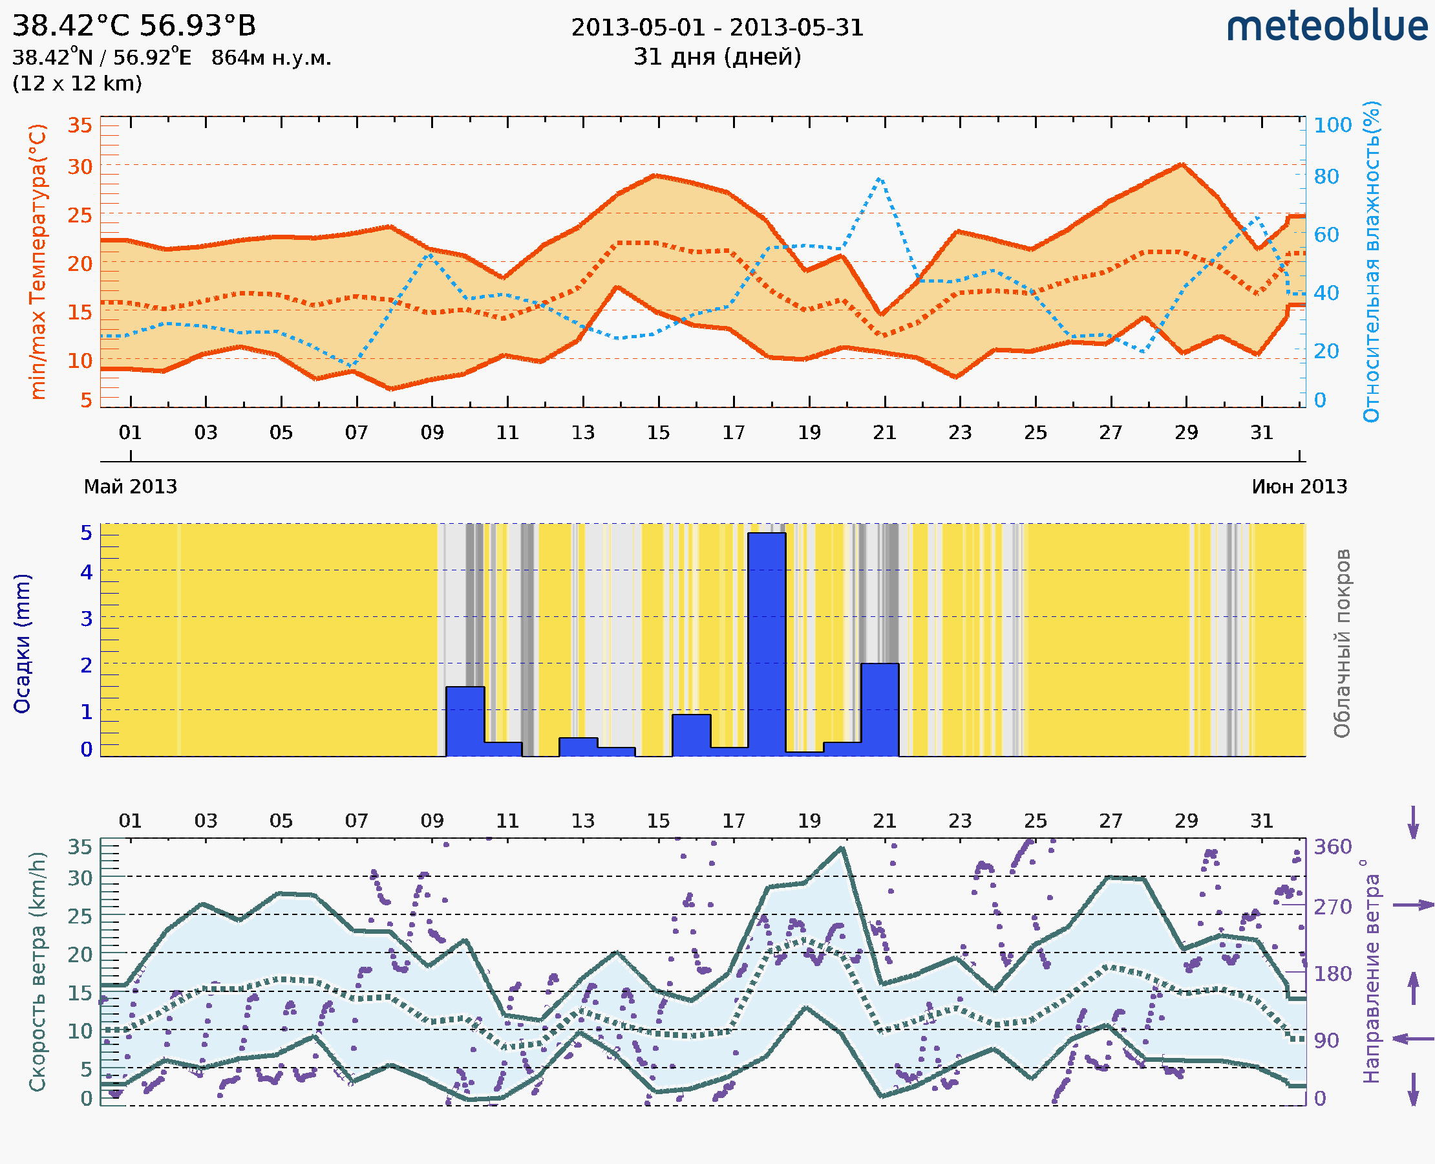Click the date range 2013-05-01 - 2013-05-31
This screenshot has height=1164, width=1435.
(717, 28)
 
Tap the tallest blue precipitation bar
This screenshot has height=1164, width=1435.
(767, 643)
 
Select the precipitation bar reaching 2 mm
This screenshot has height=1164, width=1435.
(879, 709)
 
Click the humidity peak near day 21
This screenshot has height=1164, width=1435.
(880, 179)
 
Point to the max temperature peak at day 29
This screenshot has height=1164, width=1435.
(1182, 164)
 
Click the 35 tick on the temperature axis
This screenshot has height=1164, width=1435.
(80, 125)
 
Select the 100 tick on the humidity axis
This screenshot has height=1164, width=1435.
(1332, 125)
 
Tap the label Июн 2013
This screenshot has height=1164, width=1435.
(1299, 486)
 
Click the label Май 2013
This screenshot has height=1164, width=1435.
(131, 486)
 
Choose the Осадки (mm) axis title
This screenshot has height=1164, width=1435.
(22, 643)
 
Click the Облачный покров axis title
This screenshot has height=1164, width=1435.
(1342, 643)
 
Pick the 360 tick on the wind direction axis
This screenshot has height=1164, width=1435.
(1332, 847)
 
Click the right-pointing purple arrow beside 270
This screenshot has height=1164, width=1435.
(1413, 905)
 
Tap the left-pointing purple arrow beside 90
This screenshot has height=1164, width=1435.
(1413, 1039)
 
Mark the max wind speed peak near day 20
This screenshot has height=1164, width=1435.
(842, 849)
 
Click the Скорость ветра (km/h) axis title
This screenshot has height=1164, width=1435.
(37, 971)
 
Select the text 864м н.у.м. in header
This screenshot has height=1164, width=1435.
(271, 58)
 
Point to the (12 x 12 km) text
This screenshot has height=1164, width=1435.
(77, 84)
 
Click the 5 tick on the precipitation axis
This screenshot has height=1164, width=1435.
(87, 533)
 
